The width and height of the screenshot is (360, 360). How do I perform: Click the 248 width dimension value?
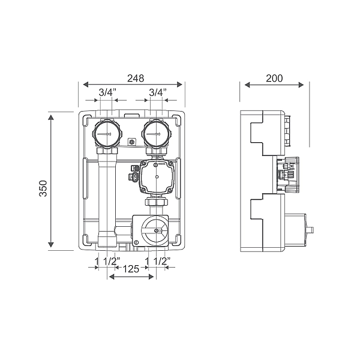136,78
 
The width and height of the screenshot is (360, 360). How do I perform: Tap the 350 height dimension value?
43,188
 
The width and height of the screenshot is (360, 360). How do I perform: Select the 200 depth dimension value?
274,78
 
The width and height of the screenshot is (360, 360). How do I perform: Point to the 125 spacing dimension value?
131,269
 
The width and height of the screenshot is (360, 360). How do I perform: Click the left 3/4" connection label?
107,93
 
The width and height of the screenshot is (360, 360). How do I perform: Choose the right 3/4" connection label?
158,93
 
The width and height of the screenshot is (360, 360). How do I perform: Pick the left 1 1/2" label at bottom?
107,261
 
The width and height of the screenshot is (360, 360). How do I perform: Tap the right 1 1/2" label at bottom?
158,261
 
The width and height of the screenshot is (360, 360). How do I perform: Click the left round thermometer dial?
107,134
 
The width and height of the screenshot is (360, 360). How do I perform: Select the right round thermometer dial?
157,134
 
